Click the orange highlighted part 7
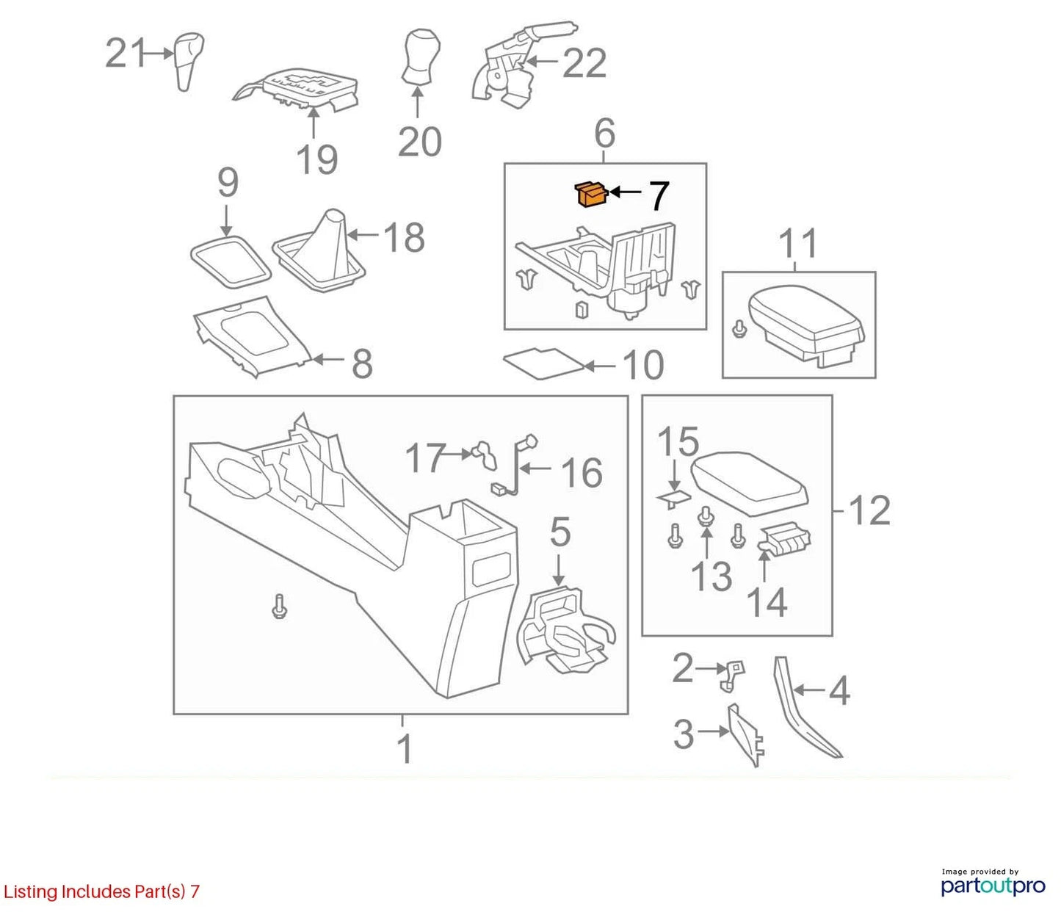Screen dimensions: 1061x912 click(590, 195)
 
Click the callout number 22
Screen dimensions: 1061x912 click(584, 64)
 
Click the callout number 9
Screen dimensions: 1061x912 click(228, 182)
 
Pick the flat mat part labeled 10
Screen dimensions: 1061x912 click(543, 363)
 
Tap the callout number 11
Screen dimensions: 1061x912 click(797, 244)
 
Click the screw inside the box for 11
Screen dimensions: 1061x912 click(739, 328)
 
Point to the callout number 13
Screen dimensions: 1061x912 click(711, 576)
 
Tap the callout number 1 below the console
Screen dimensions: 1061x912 click(405, 749)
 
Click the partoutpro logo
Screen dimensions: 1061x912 click(993, 886)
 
